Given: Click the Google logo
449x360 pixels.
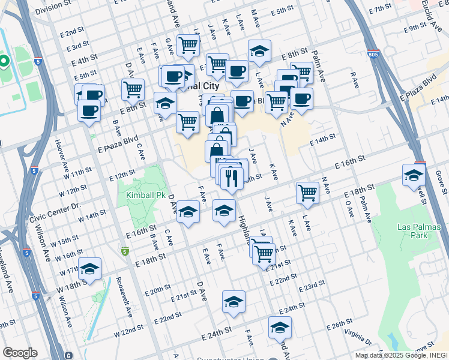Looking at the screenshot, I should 19,353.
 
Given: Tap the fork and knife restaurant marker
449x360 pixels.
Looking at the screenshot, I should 231,177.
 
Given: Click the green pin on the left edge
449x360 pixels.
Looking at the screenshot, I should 4,61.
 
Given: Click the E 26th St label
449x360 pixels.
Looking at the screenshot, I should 339,325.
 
